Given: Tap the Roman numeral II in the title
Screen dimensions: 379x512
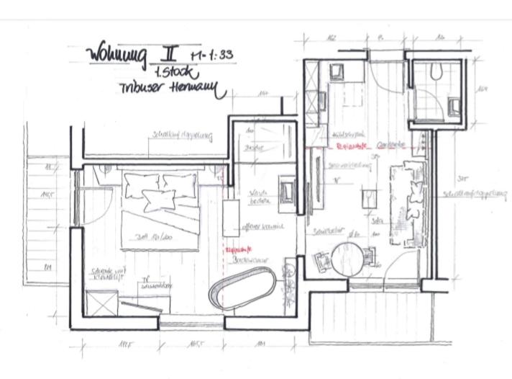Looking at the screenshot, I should pyautogui.click(x=168, y=53).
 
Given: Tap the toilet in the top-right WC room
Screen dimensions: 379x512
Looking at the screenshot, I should pyautogui.click(x=437, y=71).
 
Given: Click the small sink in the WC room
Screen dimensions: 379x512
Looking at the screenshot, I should pyautogui.click(x=454, y=107).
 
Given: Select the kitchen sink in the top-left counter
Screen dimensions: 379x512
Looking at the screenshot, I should pyautogui.click(x=338, y=72).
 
